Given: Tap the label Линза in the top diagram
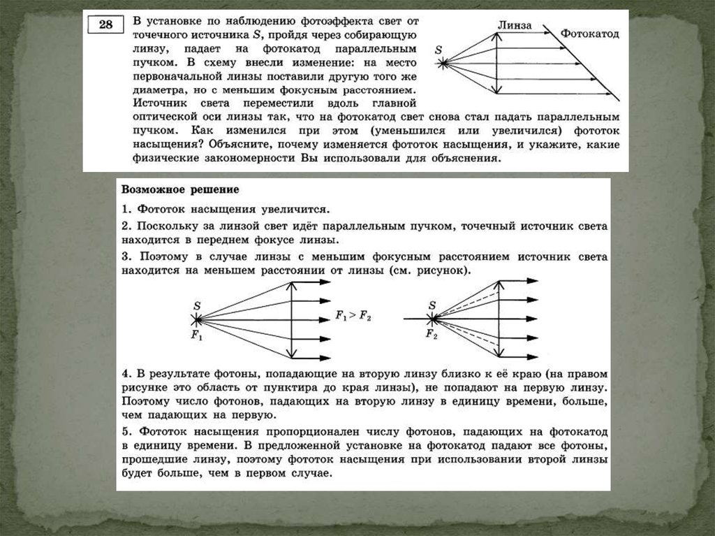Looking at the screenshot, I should coord(515,25).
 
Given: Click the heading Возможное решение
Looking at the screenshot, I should coord(180,190).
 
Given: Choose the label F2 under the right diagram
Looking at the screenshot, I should coord(431,334).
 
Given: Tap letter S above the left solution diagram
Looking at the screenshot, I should coord(197,305).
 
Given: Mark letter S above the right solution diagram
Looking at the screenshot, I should coord(432,305).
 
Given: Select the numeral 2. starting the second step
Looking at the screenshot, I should coord(126,227).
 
